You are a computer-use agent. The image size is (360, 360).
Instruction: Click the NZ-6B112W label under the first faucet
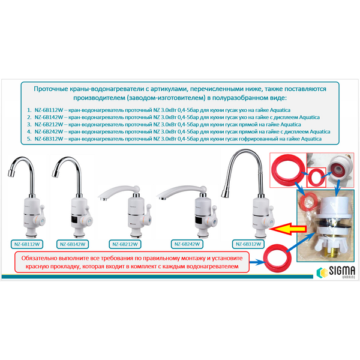tap(27, 244)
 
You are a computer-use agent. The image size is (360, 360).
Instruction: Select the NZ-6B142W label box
tap(73, 244)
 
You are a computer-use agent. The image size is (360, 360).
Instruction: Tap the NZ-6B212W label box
tap(125, 244)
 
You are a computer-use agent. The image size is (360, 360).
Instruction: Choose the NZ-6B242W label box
tap(187, 244)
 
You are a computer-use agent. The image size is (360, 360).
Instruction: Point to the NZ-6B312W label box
tap(248, 244)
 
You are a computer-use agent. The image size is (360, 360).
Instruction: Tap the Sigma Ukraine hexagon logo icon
tap(322, 272)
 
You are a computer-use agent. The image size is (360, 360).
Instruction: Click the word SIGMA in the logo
tap(342, 271)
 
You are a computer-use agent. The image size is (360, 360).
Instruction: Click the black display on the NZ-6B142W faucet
tap(77, 220)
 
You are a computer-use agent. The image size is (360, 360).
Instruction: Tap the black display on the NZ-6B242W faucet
tap(200, 220)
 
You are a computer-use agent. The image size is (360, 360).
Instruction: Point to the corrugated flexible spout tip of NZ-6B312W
tap(224, 194)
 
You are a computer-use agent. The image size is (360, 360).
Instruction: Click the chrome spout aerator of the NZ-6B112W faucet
tap(11, 173)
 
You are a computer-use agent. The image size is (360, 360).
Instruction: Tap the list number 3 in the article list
tap(29, 124)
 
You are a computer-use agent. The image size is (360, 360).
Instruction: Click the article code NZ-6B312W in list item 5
tap(49, 139)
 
